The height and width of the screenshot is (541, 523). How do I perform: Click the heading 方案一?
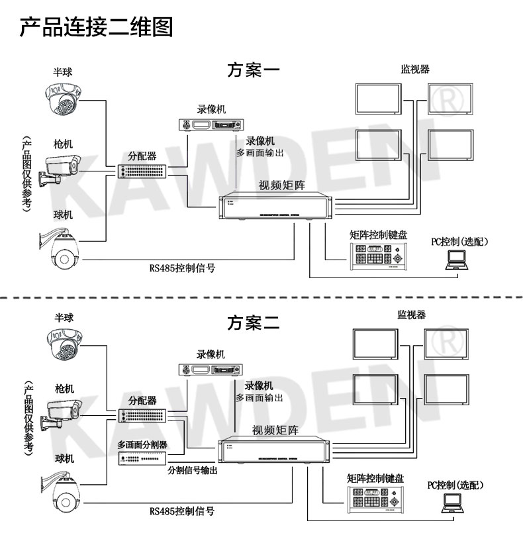coord(254,70)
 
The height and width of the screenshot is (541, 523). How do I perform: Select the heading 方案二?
coord(254,322)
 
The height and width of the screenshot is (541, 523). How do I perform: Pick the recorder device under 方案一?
coord(211,124)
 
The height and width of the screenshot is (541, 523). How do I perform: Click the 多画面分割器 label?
coord(142,444)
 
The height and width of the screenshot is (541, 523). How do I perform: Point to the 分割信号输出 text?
coord(192,469)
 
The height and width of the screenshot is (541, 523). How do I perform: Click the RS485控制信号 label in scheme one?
coord(182,268)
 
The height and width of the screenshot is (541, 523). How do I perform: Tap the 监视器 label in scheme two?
coord(411,314)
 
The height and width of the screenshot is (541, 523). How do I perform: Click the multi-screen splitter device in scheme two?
coord(142,458)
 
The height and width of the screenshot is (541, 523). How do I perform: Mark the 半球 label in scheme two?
coord(64,318)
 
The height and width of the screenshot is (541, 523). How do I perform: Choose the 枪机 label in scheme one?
coord(64,143)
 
